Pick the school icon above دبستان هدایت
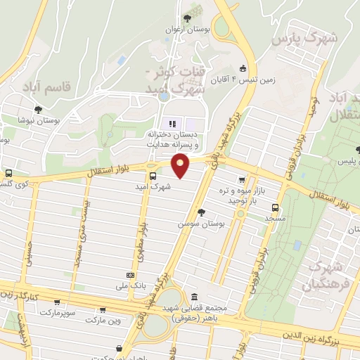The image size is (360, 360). pyautogui.click(x=164, y=124)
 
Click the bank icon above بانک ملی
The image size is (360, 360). pyautogui.click(x=130, y=275)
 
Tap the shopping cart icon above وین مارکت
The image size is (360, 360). pyautogui.click(x=103, y=309)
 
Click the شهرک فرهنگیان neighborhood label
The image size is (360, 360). pyautogui.click(x=326, y=276)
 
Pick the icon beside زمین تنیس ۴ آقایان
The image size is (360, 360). pyautogui.click(x=243, y=69)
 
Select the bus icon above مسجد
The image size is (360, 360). pyautogui.click(x=274, y=207)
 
